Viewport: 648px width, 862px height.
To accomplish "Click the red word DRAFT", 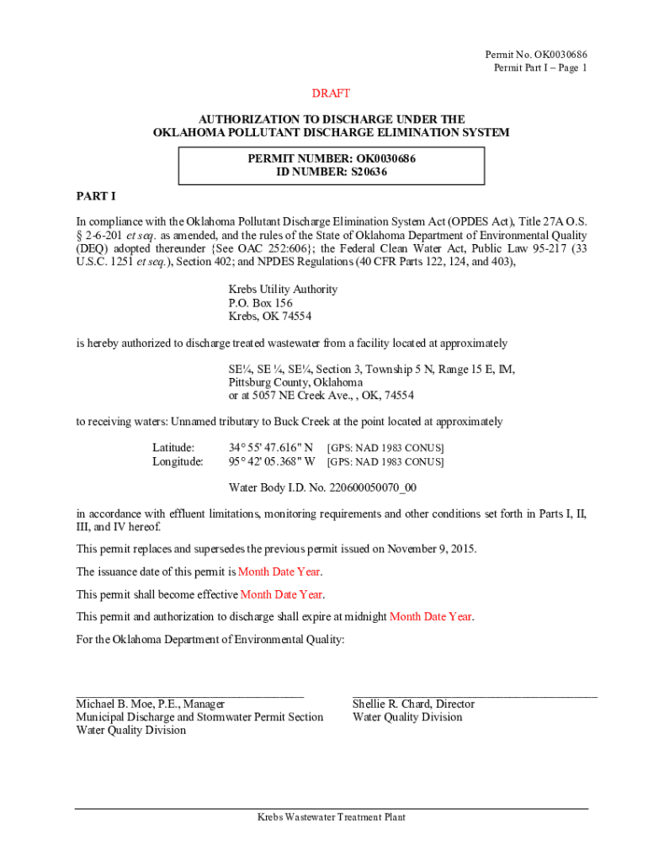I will pyautogui.click(x=331, y=93).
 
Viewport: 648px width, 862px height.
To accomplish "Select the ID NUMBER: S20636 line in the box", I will pyautogui.click(x=332, y=172).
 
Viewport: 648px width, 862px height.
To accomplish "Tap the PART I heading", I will pyautogui.click(x=95, y=196).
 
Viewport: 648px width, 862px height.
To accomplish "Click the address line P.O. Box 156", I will pyautogui.click(x=261, y=303).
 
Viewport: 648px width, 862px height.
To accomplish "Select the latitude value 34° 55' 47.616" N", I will pyautogui.click(x=272, y=448).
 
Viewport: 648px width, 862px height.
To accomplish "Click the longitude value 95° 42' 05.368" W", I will pyautogui.click(x=272, y=461).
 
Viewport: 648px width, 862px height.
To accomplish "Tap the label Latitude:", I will pyautogui.click(x=173, y=448).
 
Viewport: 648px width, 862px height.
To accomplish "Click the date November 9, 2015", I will pyautogui.click(x=431, y=549).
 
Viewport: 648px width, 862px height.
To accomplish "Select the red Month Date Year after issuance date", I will pyautogui.click(x=279, y=572).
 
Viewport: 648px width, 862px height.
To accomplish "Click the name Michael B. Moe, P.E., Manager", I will pyautogui.click(x=151, y=704).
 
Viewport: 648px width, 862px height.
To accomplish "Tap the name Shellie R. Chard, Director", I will pyautogui.click(x=413, y=704).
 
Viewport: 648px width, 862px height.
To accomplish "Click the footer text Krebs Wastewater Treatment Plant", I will pyautogui.click(x=332, y=817).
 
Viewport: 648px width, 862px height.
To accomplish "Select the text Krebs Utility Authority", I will pyautogui.click(x=283, y=290).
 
